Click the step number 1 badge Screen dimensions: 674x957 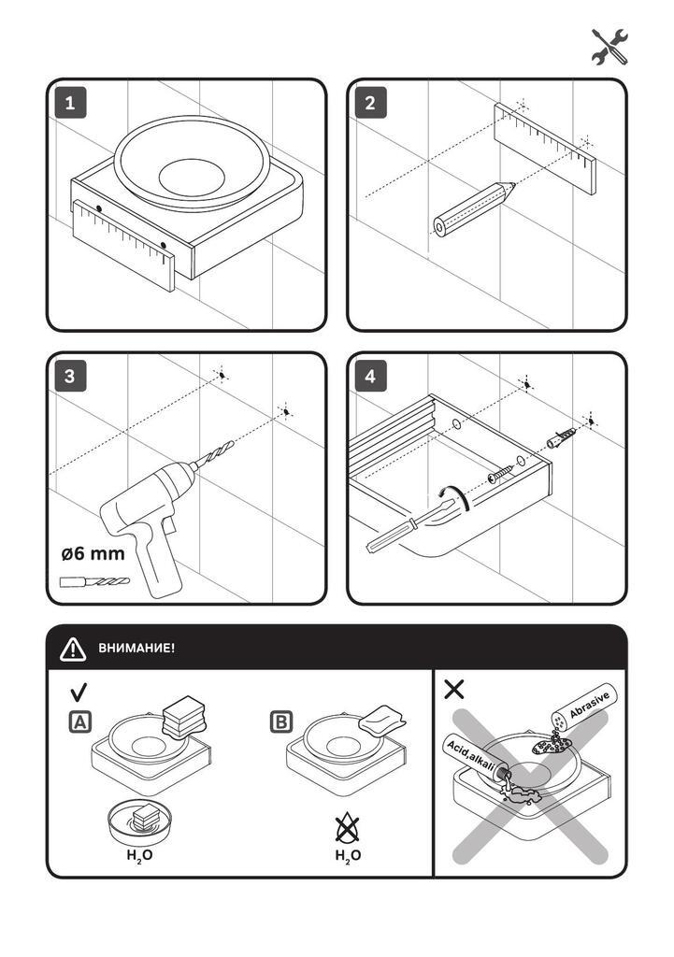[69, 103]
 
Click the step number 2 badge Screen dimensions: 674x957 [370, 103]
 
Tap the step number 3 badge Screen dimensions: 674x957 [69, 376]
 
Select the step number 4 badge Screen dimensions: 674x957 [370, 376]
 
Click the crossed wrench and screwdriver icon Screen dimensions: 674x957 [609, 47]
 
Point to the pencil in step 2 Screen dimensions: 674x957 [474, 209]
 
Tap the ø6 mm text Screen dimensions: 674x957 [93, 553]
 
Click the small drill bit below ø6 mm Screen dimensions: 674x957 [94, 582]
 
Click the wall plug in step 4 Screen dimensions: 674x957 [562, 437]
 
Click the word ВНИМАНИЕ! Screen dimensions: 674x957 [136, 649]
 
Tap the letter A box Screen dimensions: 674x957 [80, 722]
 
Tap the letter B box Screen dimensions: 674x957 [280, 722]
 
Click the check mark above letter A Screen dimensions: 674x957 [79, 693]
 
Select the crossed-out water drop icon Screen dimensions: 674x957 [348, 828]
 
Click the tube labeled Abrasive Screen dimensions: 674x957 [584, 707]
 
